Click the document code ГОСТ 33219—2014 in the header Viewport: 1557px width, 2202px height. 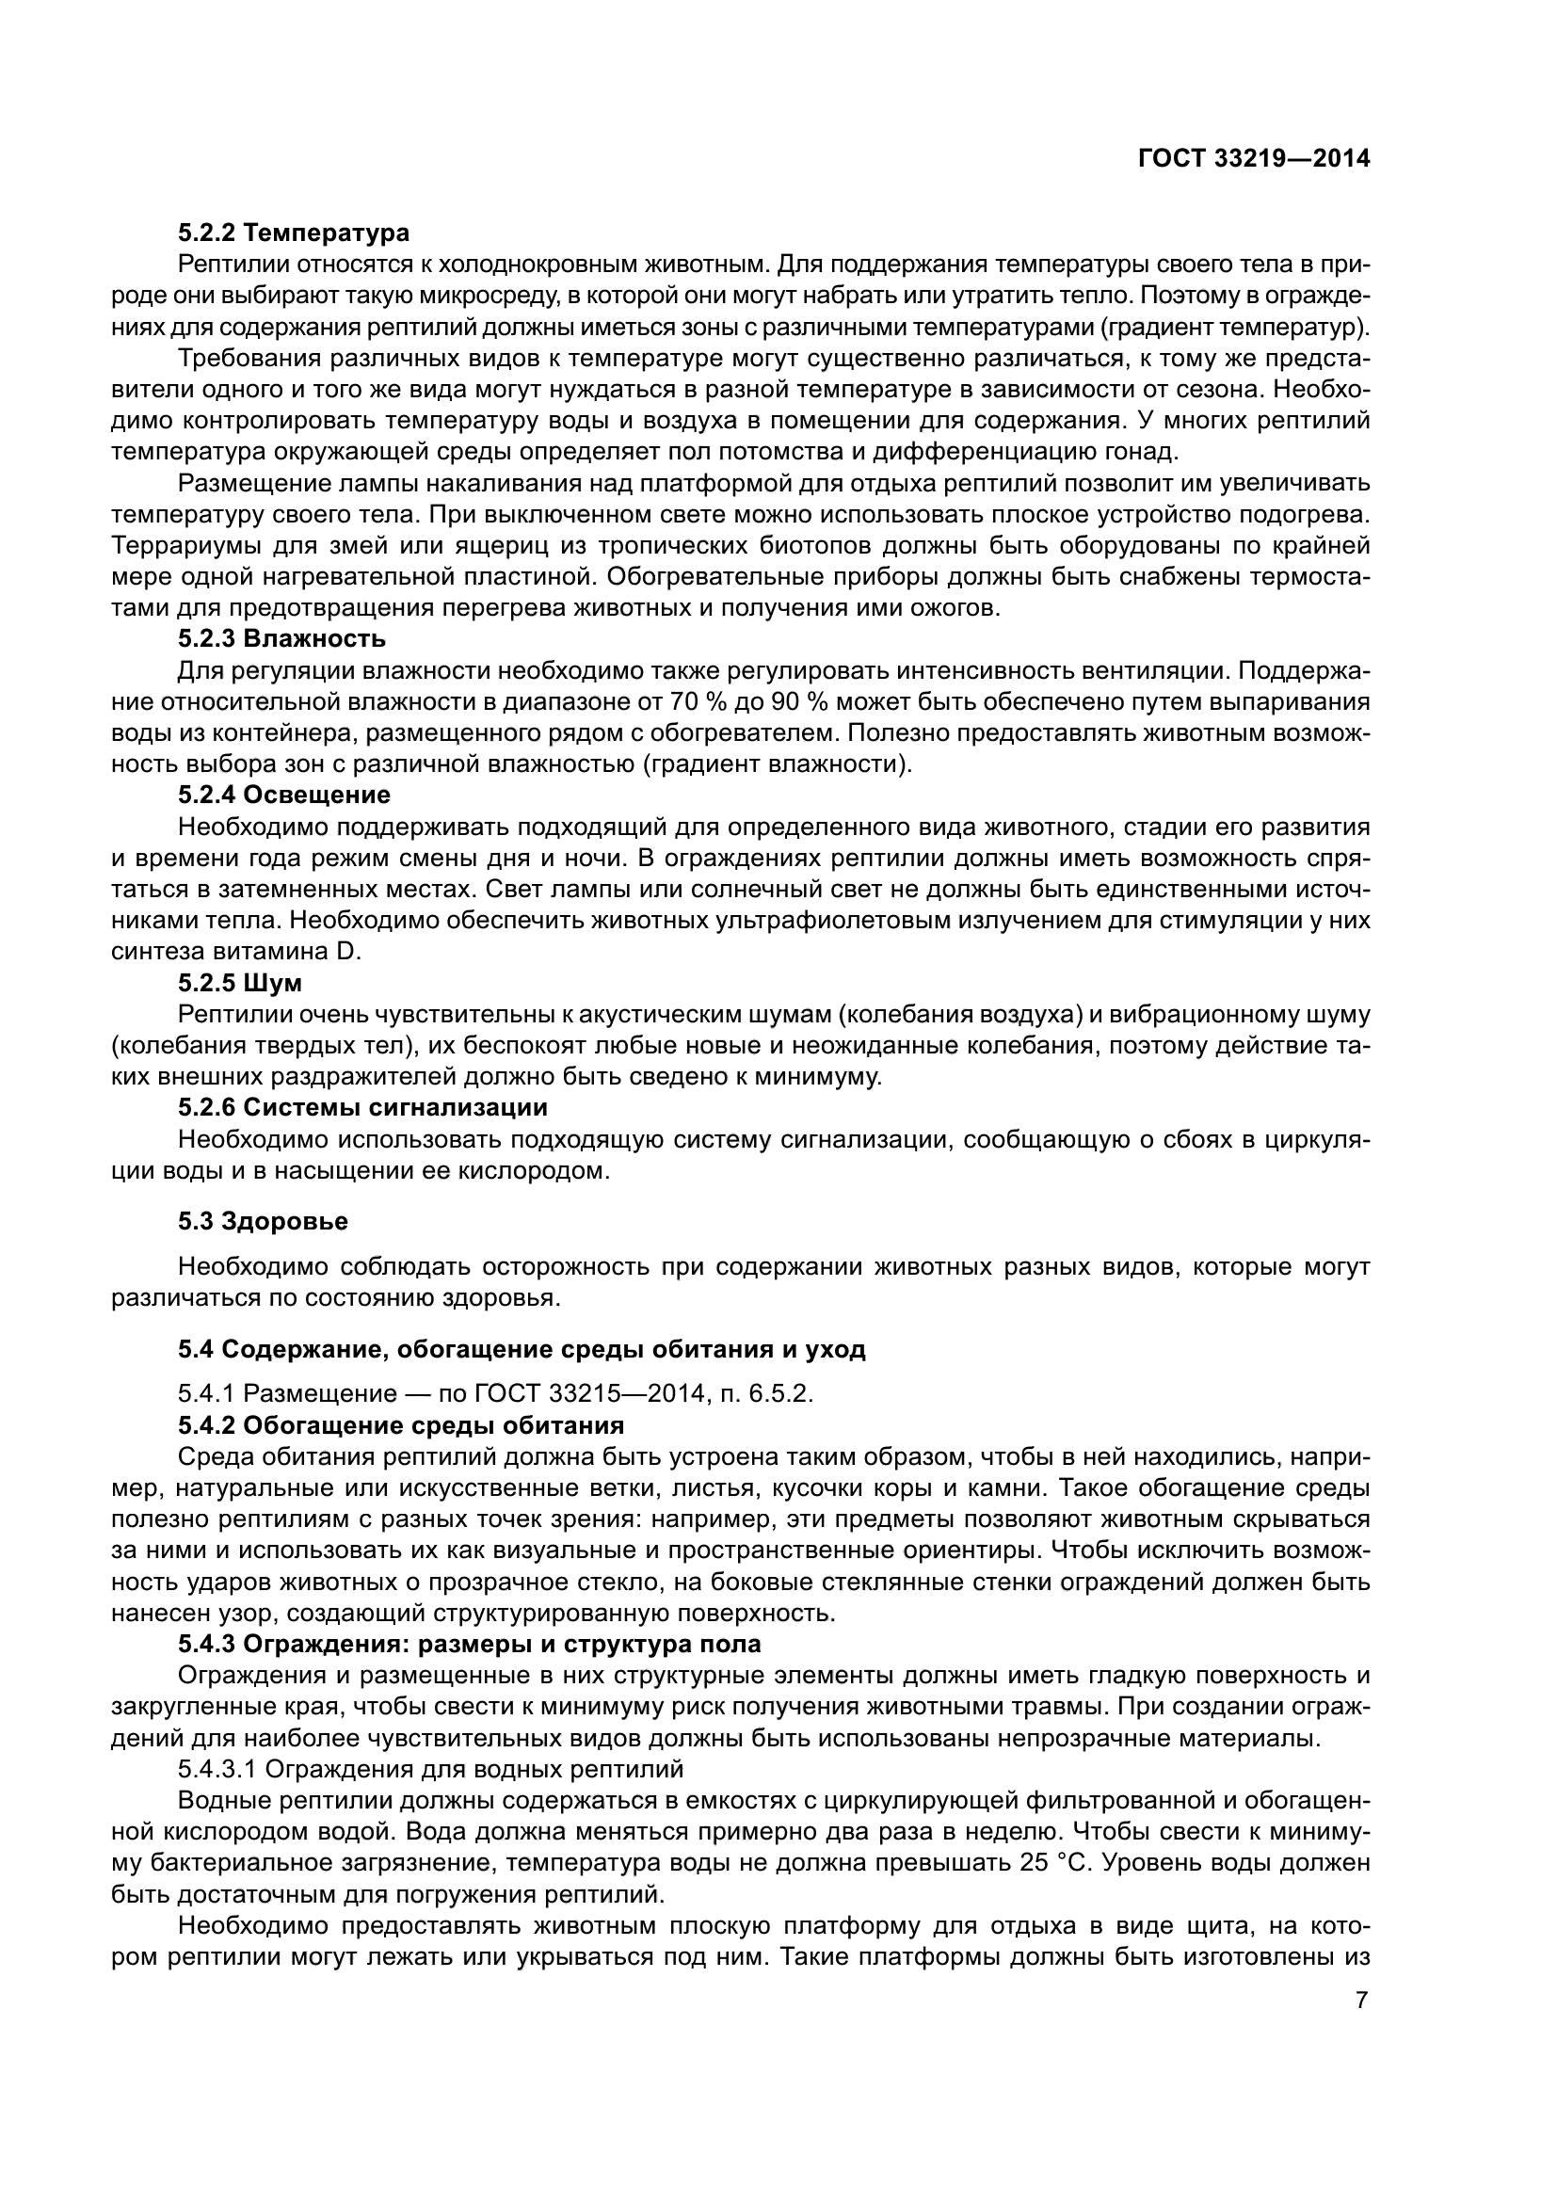1253,159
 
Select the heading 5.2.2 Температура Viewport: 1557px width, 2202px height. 294,233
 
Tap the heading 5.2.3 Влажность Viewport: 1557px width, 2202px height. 281,637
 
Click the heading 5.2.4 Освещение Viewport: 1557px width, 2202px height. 283,795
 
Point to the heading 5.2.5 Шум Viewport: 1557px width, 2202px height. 240,983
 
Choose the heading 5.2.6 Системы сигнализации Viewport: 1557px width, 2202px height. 362,1108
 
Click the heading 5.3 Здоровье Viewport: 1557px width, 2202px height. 263,1221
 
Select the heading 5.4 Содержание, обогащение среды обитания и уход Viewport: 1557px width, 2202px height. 522,1349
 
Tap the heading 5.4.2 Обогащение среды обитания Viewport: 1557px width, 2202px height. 401,1425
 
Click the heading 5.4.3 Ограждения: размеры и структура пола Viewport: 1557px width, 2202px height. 469,1644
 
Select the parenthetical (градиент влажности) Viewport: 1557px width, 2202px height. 778,764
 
